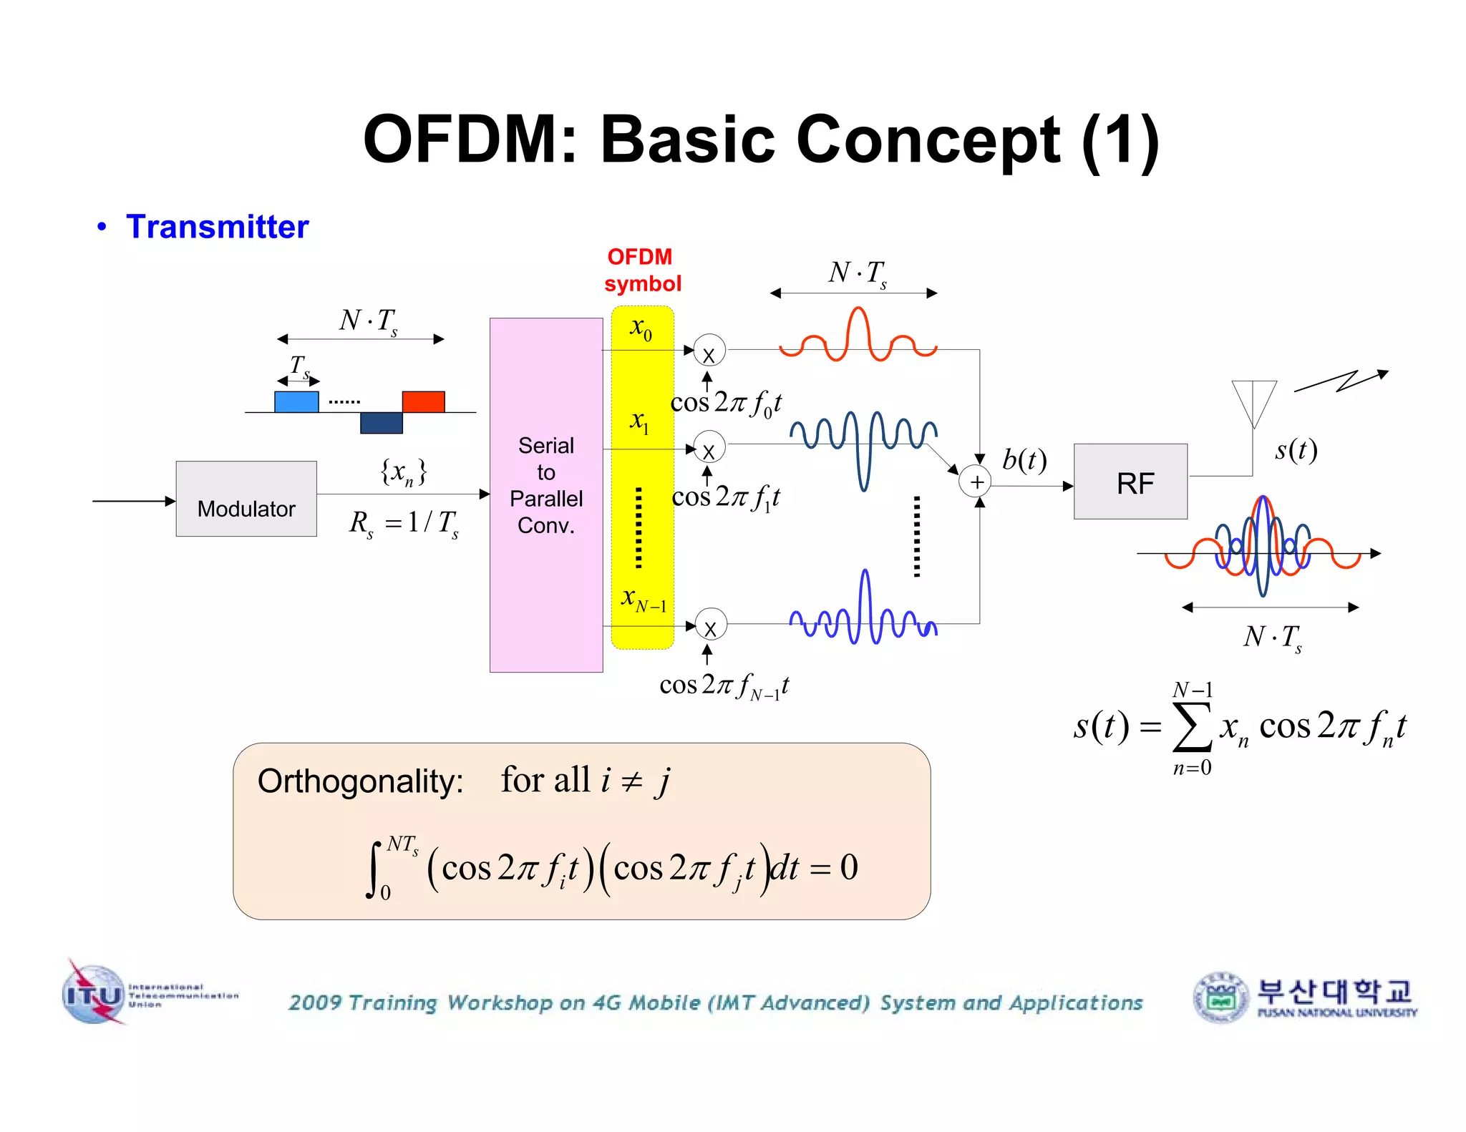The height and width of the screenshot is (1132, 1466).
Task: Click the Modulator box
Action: click(x=246, y=499)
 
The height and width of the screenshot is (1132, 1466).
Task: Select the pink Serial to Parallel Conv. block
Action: click(x=545, y=494)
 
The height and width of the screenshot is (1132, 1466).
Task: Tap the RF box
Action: click(x=1130, y=482)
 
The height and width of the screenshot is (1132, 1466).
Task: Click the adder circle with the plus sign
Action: click(x=976, y=482)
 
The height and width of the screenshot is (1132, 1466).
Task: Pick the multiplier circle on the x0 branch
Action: click(x=709, y=351)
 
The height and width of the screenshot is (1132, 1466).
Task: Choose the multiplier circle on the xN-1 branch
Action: click(x=710, y=625)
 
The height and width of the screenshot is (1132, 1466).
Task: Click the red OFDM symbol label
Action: click(x=641, y=270)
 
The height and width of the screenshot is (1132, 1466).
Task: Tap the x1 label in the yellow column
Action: click(x=639, y=422)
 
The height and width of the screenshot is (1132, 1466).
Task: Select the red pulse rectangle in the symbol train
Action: click(x=423, y=401)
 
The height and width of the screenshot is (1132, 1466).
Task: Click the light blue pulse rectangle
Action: click(x=296, y=401)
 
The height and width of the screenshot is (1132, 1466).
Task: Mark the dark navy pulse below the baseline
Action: click(x=381, y=423)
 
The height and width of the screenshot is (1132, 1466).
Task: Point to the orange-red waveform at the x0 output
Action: click(x=858, y=338)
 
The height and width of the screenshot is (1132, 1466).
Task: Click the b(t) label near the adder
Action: click(x=1024, y=460)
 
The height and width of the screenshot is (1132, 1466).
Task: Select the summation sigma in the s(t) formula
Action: click(x=1192, y=727)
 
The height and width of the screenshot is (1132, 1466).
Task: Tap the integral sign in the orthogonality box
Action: click(x=374, y=869)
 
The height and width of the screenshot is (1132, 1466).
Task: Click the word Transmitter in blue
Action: click(x=217, y=227)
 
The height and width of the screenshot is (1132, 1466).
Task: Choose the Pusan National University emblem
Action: click(x=1220, y=997)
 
